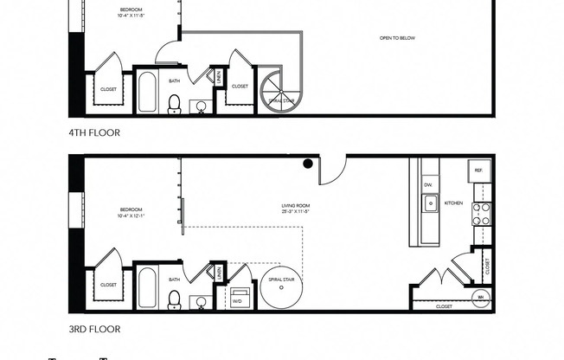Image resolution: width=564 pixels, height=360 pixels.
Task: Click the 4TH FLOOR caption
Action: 94,132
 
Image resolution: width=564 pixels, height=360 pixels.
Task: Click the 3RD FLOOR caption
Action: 94,329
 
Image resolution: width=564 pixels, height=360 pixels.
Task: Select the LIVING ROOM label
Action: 295,206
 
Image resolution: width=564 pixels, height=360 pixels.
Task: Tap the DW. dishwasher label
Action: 428,184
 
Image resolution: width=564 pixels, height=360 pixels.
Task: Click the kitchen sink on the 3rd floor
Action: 430,204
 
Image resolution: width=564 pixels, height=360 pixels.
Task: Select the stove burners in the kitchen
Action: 481,213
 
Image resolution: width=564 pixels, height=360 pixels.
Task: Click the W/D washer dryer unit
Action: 238,295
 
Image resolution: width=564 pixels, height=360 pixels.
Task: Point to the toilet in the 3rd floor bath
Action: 174,299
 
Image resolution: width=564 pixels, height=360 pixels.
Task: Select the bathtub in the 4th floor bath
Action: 147,93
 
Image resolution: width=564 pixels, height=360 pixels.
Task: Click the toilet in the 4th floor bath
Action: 174,103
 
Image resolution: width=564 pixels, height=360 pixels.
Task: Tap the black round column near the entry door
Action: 307,163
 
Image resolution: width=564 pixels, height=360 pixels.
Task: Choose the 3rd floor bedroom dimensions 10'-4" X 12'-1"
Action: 131,215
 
